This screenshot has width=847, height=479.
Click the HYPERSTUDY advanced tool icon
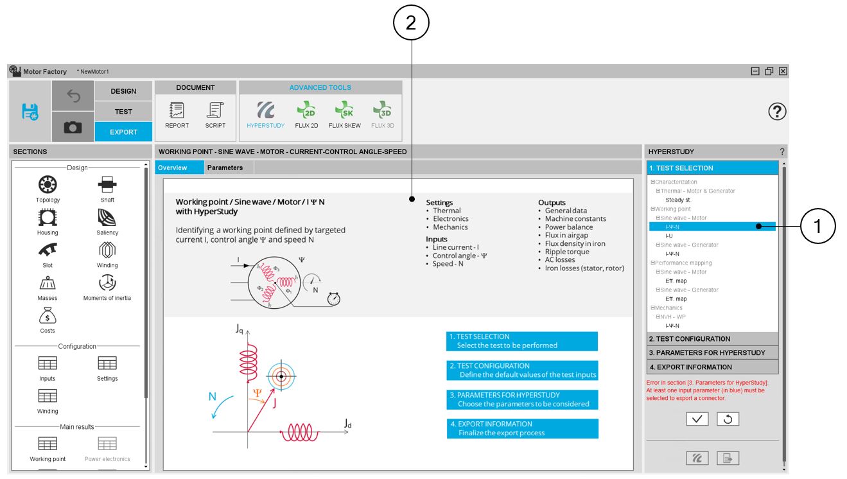[265, 110]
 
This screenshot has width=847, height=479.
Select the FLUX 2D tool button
[306, 110]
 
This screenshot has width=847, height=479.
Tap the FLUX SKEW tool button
[344, 110]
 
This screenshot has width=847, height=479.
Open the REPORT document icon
[177, 110]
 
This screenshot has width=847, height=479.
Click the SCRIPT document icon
[215, 110]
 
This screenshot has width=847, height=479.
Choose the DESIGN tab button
[123, 91]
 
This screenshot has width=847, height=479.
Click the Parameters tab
[225, 168]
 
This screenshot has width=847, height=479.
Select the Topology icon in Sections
[48, 186]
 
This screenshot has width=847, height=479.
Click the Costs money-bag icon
[48, 316]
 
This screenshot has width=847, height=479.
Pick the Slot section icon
[48, 250]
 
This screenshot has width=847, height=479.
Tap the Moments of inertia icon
[107, 283]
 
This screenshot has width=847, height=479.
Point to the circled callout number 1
[817, 226]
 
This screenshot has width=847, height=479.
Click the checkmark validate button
[697, 419]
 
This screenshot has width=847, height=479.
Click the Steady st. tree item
[678, 200]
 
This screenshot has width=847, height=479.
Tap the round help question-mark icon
[777, 112]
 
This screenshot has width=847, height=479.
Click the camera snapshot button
[73, 127]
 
